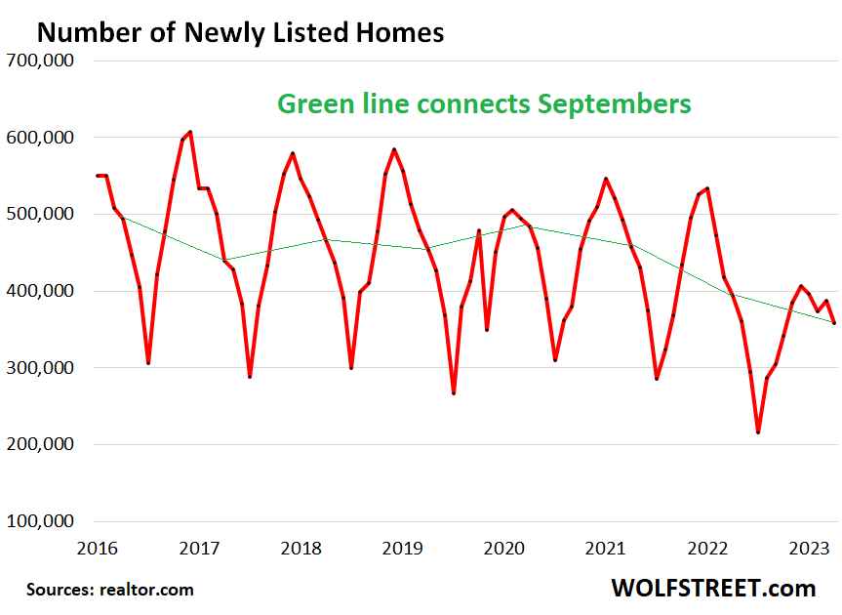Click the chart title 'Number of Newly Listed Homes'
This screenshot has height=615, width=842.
tap(240, 32)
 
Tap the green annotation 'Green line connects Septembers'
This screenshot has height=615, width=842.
tap(485, 103)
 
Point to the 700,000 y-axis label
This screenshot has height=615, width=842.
tap(42, 61)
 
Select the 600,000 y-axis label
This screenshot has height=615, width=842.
tap(42, 138)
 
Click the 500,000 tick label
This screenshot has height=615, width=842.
tap(42, 214)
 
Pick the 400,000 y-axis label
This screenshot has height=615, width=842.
tap(42, 291)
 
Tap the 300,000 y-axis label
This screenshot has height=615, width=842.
tap(42, 368)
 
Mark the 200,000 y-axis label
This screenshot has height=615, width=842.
tap(42, 444)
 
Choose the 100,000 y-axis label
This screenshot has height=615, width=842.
tap(42, 521)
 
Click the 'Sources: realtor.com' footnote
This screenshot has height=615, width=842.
tap(110, 590)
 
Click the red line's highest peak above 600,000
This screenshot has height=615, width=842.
tap(190, 132)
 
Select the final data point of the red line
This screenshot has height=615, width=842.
tap(833, 323)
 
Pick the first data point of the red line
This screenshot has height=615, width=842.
tap(97, 176)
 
